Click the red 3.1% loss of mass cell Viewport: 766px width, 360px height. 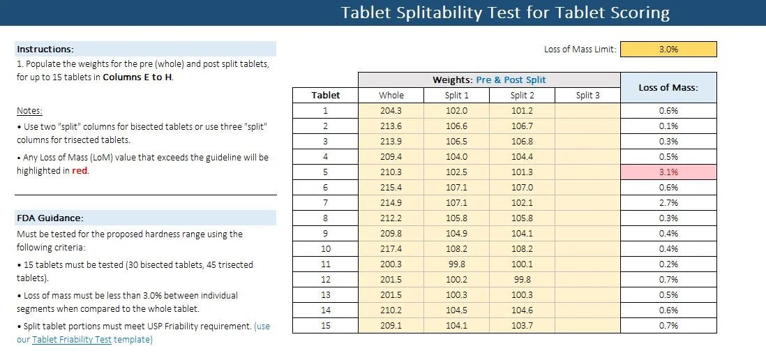pos(668,172)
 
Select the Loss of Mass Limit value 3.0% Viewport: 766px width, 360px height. pos(668,50)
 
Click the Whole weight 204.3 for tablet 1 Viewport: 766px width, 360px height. pos(391,110)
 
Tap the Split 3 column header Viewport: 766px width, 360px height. pos(587,95)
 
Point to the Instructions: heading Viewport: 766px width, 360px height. pos(45,50)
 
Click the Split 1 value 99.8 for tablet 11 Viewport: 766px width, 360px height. pos(456,264)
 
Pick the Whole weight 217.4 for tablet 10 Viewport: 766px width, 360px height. pos(391,249)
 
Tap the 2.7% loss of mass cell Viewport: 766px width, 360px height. pos(668,203)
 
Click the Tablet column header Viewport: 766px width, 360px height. pos(325,95)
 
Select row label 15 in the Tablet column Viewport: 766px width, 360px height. pos(325,326)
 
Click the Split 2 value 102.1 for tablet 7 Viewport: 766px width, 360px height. pos(522,203)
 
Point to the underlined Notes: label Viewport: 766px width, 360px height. pos(29,111)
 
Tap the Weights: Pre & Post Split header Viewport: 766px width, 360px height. pos(489,80)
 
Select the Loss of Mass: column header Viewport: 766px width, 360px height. pos(668,88)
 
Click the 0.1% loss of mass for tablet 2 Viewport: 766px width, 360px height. pos(668,126)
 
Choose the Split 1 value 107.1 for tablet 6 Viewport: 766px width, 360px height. pos(456,188)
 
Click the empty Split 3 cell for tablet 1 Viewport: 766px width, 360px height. pos(587,110)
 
